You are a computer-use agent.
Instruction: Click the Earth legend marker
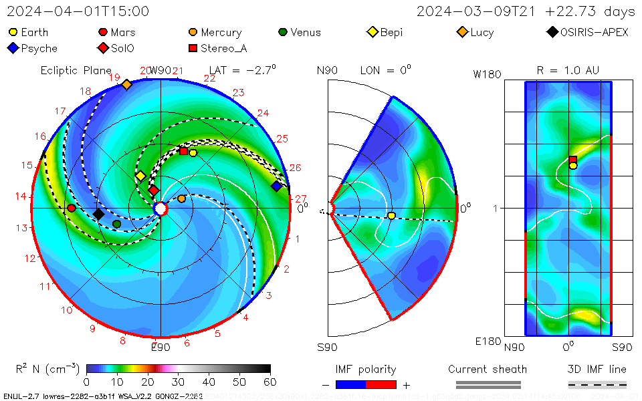13,32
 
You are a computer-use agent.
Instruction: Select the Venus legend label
305,32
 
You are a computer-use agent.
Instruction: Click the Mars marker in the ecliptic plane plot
71,209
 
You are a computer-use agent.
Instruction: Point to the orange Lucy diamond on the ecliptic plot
126,84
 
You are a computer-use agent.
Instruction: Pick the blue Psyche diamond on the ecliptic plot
276,186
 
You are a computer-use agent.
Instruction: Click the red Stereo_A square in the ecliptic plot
183,151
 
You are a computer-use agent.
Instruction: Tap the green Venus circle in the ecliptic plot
117,224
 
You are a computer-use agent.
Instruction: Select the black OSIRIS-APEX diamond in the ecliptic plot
98,214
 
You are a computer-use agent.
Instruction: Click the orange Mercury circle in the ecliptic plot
182,198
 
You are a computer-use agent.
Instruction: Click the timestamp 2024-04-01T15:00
78,11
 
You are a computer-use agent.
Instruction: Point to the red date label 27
300,198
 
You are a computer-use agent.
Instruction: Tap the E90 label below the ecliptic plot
160,347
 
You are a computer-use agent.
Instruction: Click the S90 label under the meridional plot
327,347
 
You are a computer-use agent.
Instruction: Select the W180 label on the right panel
487,75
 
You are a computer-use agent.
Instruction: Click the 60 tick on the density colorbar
271,382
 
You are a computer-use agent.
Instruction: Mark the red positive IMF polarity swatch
381,384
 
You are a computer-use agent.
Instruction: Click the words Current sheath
488,369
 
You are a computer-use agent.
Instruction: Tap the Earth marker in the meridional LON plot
391,215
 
